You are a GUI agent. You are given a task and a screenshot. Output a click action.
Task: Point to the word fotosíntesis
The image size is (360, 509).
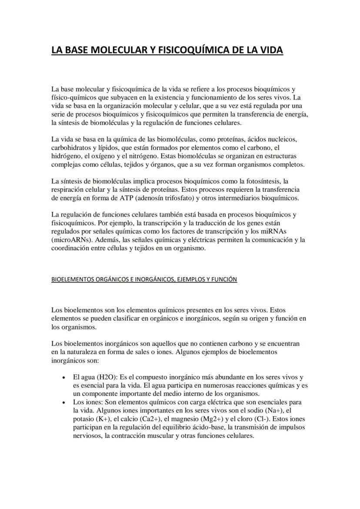coord(261,180)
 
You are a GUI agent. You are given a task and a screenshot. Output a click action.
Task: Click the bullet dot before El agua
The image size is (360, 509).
coord(64,378)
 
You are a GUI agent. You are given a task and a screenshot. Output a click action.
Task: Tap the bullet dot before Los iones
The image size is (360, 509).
coord(64,403)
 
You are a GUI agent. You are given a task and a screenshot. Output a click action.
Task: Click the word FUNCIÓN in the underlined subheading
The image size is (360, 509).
coord(225,279)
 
